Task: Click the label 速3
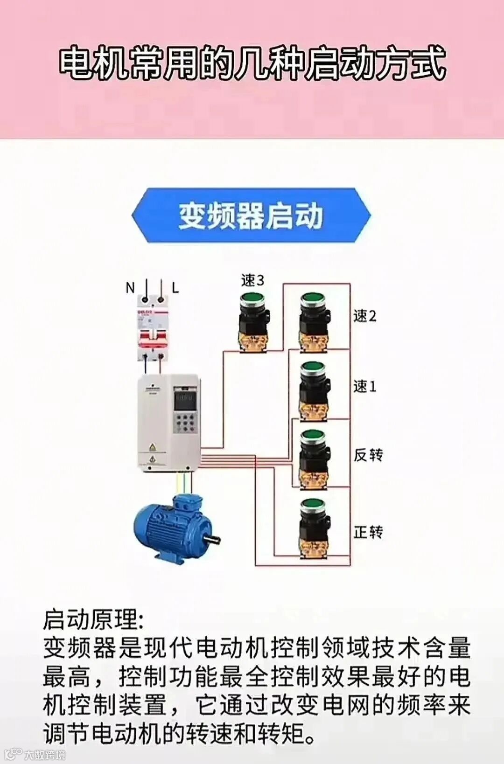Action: (x=252, y=280)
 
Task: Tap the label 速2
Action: (x=364, y=316)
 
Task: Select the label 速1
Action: (x=364, y=387)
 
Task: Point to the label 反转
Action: (x=368, y=455)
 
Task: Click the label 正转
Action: (x=368, y=532)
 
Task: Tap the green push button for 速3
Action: (x=252, y=299)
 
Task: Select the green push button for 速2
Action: (x=313, y=299)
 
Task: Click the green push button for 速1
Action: (x=313, y=368)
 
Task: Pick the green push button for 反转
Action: (x=313, y=437)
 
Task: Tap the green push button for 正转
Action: (x=313, y=505)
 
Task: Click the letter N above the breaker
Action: (x=130, y=288)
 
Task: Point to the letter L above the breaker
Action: (x=175, y=288)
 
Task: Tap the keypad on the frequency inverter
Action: (x=185, y=422)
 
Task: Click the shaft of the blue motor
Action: (x=213, y=540)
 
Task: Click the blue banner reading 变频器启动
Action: (x=251, y=215)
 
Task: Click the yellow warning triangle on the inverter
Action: (x=152, y=448)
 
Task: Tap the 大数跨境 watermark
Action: (x=44, y=754)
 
